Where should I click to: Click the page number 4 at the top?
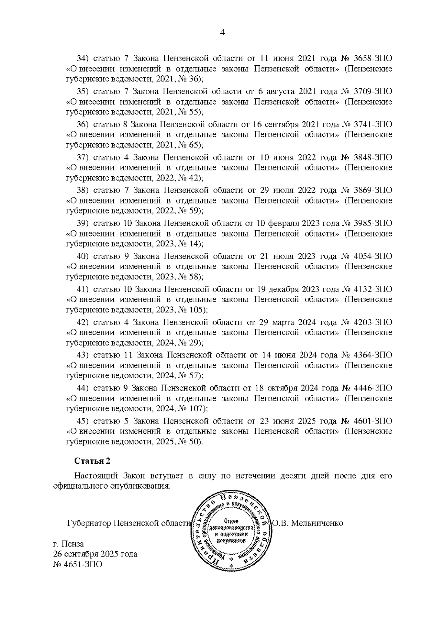coord(222,33)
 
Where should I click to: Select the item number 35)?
coord(81,91)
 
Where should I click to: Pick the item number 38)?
coord(81,190)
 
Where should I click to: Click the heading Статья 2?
coord(92,461)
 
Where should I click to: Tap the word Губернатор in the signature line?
coord(89,523)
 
